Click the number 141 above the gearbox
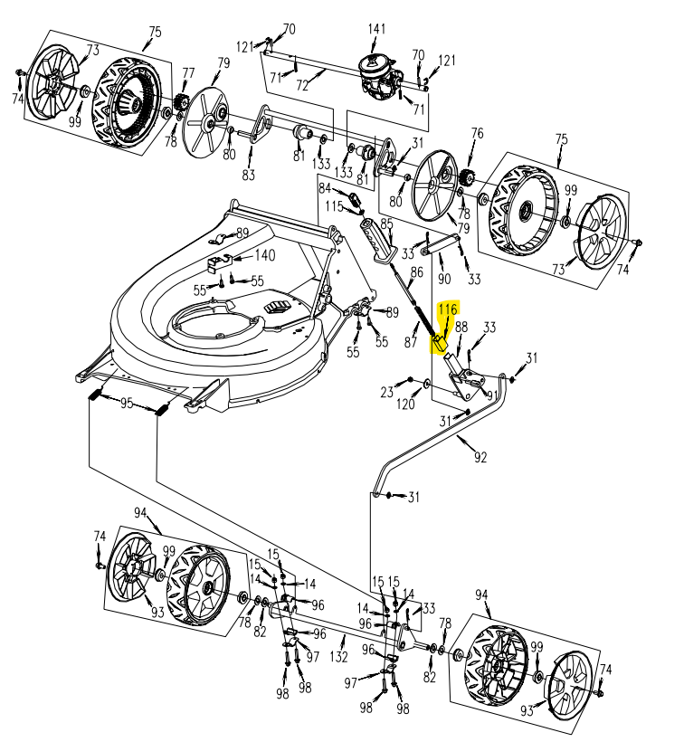pyautogui.click(x=376, y=30)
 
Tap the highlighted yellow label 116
pyautogui.click(x=448, y=309)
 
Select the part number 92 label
pyautogui.click(x=480, y=458)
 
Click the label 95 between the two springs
pyautogui.click(x=127, y=404)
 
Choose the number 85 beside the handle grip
pyautogui.click(x=386, y=224)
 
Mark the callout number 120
pyautogui.click(x=406, y=404)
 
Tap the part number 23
pyautogui.click(x=387, y=392)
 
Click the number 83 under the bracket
pyautogui.click(x=248, y=175)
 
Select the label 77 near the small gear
pyautogui.click(x=188, y=73)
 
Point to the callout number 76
pyautogui.click(x=477, y=135)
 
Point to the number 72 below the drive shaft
pyautogui.click(x=302, y=85)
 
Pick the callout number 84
pyautogui.click(x=325, y=188)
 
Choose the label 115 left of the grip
pyautogui.click(x=334, y=207)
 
